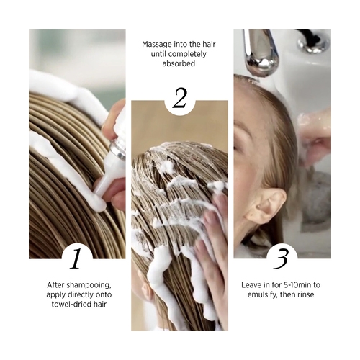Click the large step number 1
click(76, 258)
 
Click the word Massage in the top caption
click(157, 45)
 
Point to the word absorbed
click(179, 63)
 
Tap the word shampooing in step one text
click(89, 285)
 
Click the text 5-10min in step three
click(297, 285)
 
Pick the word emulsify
click(263, 294)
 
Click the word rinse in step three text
click(305, 294)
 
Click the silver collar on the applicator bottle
click(118, 150)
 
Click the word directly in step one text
click(81, 295)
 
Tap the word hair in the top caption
click(208, 45)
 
